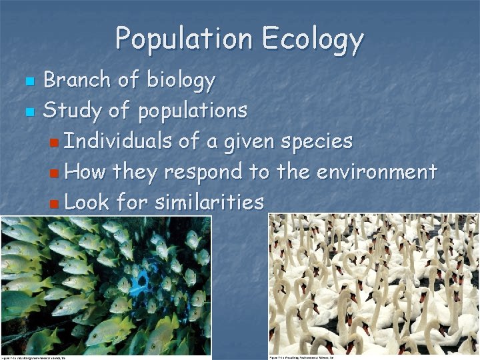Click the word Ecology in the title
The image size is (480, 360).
point(313,40)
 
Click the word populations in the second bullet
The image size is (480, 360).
point(193,111)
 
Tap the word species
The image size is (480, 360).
point(316,142)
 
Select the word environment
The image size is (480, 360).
point(377,171)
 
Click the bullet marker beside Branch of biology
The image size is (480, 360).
point(28,81)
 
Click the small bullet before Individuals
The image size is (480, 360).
point(54,142)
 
